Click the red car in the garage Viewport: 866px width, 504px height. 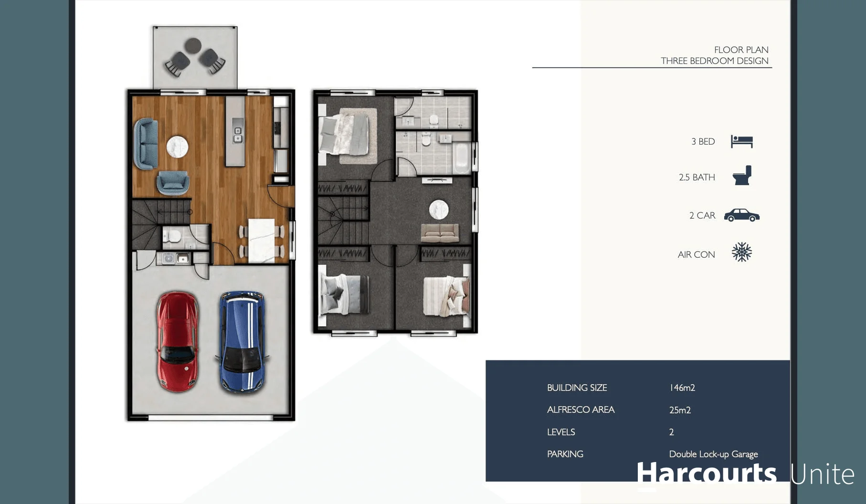[x=177, y=341]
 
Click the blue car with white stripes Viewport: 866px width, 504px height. [x=243, y=342]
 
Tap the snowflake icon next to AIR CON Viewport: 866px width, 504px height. [x=741, y=252]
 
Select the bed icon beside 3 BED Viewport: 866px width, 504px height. [x=741, y=141]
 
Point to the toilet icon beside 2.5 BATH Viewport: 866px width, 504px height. [x=742, y=176]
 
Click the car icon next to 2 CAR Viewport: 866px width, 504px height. [x=741, y=215]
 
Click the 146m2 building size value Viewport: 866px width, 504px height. [x=682, y=388]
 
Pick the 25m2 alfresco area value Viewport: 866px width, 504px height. [x=680, y=410]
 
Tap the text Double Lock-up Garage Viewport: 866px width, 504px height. [x=713, y=454]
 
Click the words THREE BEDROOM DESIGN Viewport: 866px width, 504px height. [x=714, y=61]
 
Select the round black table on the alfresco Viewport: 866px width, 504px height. [x=193, y=46]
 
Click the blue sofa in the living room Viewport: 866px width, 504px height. [x=146, y=144]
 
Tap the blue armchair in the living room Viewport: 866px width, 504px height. [x=173, y=182]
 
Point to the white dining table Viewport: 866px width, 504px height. [x=261, y=241]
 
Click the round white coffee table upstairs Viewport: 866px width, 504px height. [x=438, y=210]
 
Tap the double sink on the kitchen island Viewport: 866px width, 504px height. [x=237, y=135]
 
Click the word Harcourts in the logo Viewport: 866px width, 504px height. [x=706, y=473]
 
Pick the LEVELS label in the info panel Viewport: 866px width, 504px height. [x=561, y=432]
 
